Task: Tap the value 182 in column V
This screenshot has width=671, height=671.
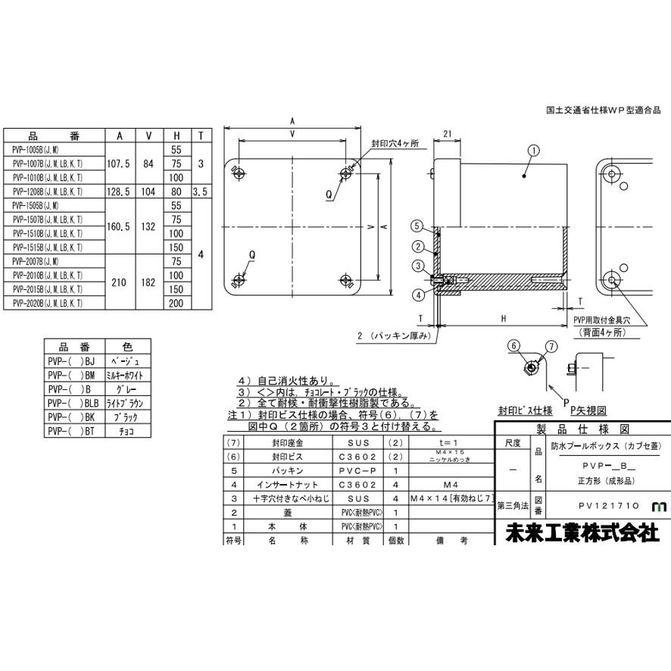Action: click(148, 282)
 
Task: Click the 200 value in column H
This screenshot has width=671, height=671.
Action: click(176, 303)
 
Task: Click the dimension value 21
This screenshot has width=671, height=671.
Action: click(447, 133)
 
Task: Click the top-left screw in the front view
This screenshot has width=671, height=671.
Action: click(239, 173)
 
